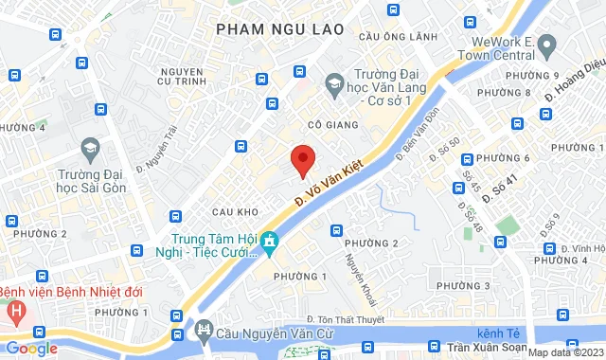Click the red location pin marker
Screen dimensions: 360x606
coord(302,159)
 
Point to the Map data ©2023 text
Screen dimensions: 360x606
coord(564,352)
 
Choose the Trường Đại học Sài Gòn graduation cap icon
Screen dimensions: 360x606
coord(90,148)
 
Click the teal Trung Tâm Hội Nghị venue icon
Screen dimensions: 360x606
coord(270,242)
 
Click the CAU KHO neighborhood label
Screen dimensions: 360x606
coord(236,211)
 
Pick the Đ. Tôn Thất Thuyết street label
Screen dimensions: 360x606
coord(346,320)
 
